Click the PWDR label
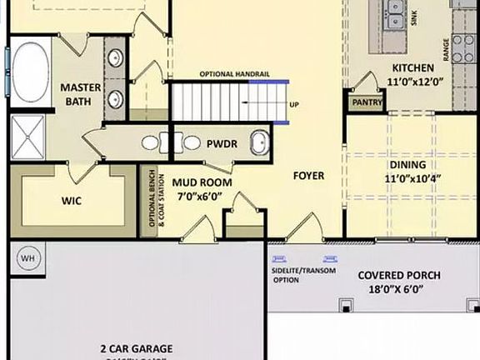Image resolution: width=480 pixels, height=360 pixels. (x=222, y=144)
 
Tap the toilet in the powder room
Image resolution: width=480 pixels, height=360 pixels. (x=261, y=143)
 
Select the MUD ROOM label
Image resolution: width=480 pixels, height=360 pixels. (x=202, y=182)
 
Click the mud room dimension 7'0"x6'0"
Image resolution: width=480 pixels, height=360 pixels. (x=202, y=197)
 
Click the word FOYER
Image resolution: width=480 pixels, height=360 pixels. (x=307, y=176)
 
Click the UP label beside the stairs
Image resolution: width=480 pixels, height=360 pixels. (x=294, y=105)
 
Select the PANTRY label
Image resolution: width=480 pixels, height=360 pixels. (x=367, y=102)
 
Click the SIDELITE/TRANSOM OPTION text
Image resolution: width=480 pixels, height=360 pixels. (x=297, y=276)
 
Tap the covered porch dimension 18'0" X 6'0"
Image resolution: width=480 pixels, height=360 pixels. (x=399, y=291)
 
